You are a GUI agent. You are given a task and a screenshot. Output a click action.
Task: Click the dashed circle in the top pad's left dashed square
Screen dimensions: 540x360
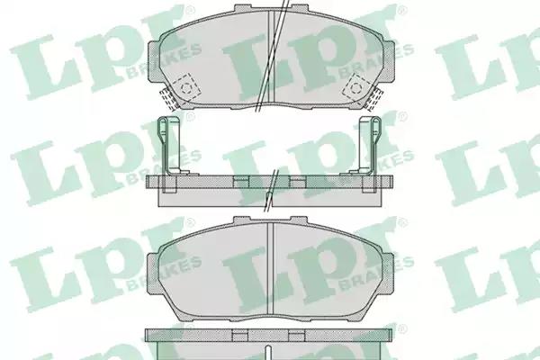coord(186,88)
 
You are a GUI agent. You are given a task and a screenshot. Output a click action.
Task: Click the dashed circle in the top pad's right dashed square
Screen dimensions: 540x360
coord(355,87)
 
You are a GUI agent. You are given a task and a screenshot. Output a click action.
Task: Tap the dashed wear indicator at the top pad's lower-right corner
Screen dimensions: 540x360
coord(373,98)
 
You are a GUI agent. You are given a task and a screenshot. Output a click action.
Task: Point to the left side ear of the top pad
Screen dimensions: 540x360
coord(154,62)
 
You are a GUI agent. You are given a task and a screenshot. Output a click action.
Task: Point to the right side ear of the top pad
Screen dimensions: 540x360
coord(388,62)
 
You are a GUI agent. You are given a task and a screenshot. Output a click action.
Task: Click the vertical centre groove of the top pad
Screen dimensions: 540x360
coord(271,57)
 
